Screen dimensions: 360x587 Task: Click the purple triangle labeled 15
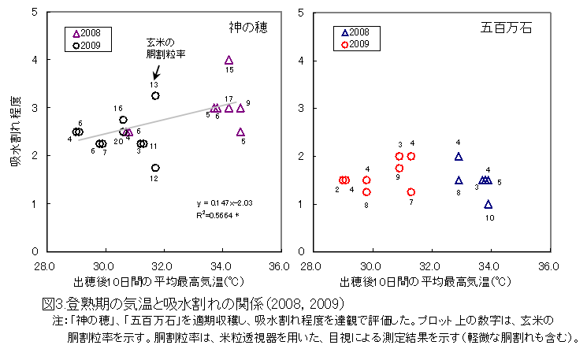point(228,60)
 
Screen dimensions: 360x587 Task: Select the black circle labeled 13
point(155,96)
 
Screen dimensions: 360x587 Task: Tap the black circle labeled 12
point(155,168)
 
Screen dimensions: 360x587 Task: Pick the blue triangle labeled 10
point(489,204)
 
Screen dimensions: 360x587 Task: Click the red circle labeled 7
point(411,192)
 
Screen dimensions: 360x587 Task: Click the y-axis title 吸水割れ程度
point(16,132)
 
